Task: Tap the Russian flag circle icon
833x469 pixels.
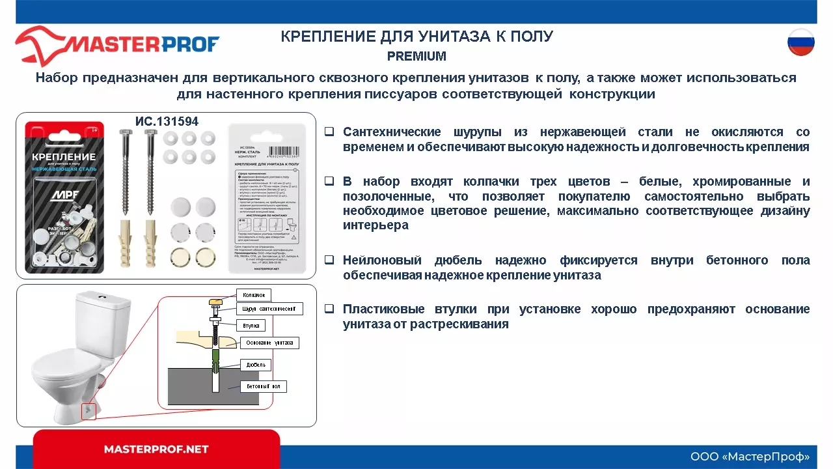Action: coord(800,42)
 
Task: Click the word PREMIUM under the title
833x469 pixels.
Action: coord(416,57)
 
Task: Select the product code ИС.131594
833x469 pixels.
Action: coord(167,122)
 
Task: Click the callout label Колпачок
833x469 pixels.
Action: coord(253,295)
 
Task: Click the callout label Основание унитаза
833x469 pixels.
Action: coord(269,343)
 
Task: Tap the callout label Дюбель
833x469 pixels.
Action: coord(254,365)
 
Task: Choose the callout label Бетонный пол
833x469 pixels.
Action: coord(263,386)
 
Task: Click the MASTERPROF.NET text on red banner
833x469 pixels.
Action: coord(156,449)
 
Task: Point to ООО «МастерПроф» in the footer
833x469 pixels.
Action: coord(750,456)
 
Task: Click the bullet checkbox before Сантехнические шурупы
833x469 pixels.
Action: coord(329,132)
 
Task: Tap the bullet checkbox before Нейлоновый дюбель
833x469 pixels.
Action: coord(329,260)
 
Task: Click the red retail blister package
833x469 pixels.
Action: coord(64,195)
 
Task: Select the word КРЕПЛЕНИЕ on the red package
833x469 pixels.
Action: coord(64,158)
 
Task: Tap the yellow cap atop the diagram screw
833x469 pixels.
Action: coord(215,302)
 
